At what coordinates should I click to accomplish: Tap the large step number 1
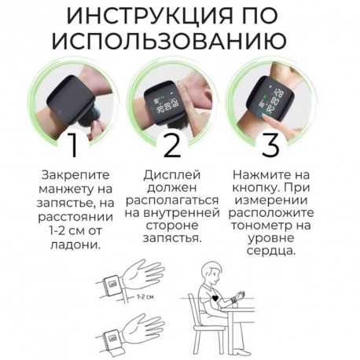pos(73,146)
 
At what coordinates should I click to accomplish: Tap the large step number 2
pos(172,146)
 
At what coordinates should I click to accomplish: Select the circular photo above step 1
pos(73,100)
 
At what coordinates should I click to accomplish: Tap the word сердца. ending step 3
pos(271,252)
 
